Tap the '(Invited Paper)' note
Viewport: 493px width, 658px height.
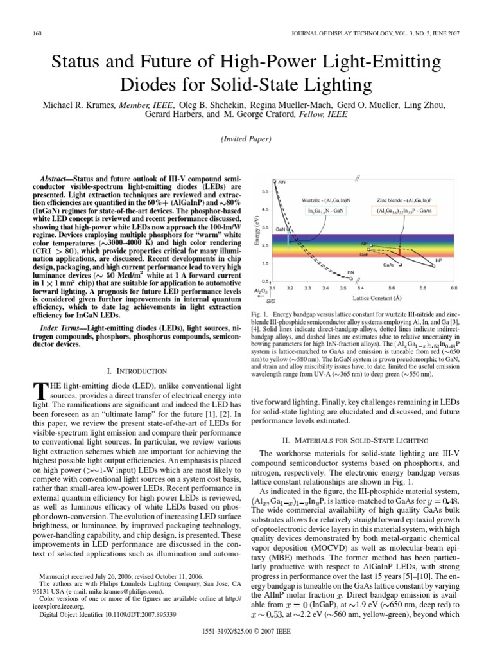[246, 139]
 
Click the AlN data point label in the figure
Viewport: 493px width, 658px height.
[282, 182]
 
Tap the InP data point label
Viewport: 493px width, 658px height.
[438, 260]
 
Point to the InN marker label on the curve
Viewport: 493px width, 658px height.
[350, 272]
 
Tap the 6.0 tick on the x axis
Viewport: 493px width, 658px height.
[453, 289]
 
